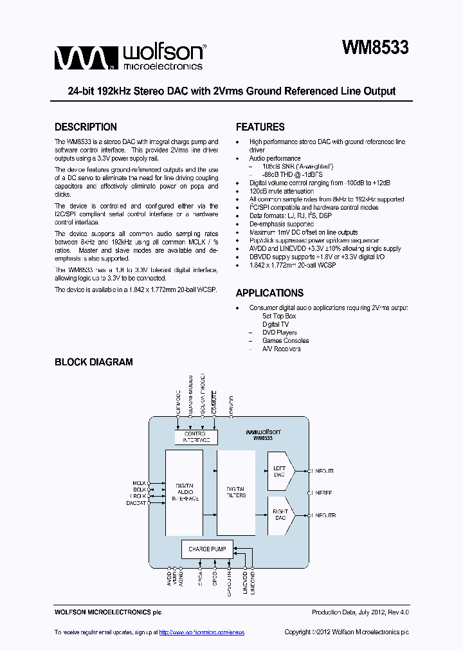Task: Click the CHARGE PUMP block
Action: (x=207, y=549)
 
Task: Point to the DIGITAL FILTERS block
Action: (x=236, y=492)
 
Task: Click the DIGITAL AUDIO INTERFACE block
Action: (x=183, y=492)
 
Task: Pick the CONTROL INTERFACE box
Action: (x=196, y=437)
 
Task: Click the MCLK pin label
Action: (x=140, y=482)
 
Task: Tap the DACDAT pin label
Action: (x=136, y=503)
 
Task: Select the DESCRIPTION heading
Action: (x=86, y=127)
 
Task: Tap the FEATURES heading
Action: (x=260, y=127)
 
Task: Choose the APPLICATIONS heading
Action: (x=269, y=293)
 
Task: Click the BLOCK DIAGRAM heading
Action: (x=93, y=362)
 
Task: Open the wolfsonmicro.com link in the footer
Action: (x=202, y=632)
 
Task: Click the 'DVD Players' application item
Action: (x=280, y=333)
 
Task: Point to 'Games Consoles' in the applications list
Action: (x=285, y=341)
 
